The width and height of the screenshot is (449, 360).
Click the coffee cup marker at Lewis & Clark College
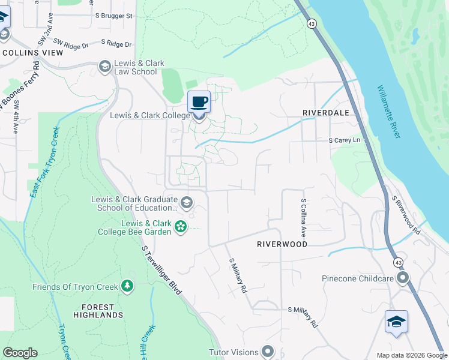(199, 102)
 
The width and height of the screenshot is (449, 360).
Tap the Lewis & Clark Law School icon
(105, 65)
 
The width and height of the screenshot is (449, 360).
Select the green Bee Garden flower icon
(180, 226)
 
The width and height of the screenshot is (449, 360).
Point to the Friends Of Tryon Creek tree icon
(127, 286)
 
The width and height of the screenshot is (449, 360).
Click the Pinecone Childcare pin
(403, 278)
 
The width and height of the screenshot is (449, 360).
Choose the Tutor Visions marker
(268, 352)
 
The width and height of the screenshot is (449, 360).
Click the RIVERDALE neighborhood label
(325, 112)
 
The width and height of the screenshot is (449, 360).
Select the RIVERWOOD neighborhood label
(282, 244)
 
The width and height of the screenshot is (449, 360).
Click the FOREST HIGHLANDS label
(98, 310)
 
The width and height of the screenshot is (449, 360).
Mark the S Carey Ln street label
(348, 140)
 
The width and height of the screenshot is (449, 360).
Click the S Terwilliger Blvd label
(162, 269)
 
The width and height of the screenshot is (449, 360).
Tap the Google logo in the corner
(20, 353)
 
